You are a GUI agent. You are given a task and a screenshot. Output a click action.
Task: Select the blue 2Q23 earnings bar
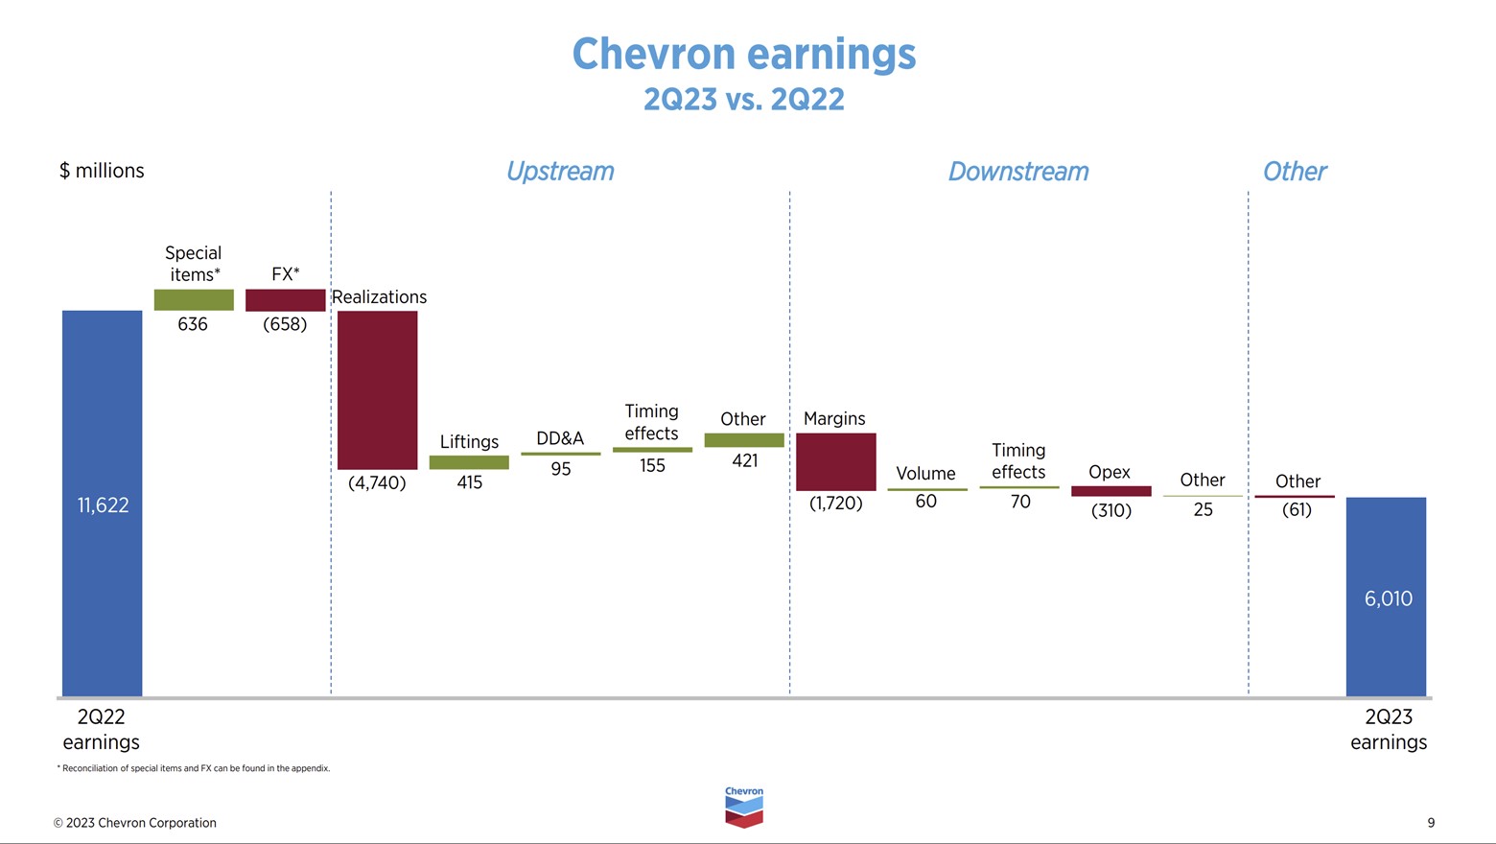pos(1386,652)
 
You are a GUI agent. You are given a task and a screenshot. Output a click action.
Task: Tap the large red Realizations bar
pos(377,389)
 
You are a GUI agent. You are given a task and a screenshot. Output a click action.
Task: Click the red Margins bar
pos(835,461)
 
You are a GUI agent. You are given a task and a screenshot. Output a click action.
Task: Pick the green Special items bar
pos(194,300)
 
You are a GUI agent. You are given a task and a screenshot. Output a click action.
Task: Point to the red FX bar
pos(285,300)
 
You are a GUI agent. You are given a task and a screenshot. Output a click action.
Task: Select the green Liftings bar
pos(469,462)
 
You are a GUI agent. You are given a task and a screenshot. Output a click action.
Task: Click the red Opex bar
pos(1110,491)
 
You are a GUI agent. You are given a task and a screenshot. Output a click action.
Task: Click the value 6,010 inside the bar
pos(1388,598)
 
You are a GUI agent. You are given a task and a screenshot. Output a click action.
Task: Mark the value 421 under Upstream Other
pos(744,461)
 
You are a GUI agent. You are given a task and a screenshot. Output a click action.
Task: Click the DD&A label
pos(560,438)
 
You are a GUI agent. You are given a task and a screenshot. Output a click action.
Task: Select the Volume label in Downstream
pos(925,474)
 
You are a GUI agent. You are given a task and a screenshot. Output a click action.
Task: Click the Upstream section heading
pos(560,172)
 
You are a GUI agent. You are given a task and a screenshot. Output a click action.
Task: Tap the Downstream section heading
pos(1018,172)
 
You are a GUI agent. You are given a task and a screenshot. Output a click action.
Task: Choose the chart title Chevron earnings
pos(744,54)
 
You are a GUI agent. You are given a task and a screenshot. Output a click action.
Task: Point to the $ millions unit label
pos(102,171)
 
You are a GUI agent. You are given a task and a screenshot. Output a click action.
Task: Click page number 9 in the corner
pos(1431,823)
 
